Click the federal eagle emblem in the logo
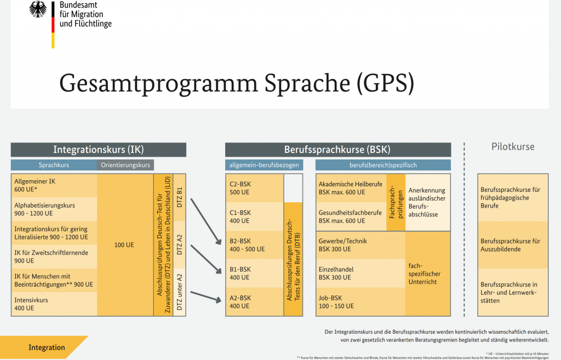[38, 9]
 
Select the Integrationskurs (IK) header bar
[99, 150]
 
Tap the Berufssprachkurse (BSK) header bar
[337, 150]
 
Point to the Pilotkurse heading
[512, 147]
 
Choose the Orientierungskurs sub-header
[125, 165]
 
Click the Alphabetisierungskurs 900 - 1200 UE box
[54, 209]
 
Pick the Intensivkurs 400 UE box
[54, 304]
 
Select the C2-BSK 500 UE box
[254, 188]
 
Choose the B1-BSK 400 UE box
[254, 273]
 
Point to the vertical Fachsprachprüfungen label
[396, 202]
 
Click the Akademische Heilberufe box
[351, 188]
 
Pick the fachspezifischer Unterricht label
[427, 273]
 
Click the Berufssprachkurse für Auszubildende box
[512, 245]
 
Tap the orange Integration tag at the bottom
[47, 347]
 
